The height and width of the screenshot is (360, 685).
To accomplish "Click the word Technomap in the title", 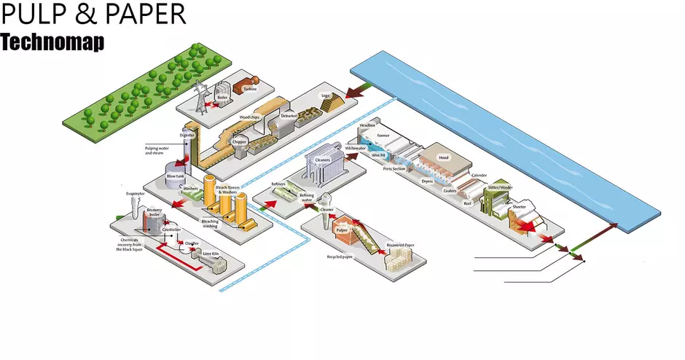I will pyautogui.click(x=52, y=42).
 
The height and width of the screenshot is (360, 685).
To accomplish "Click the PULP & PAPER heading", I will pyautogui.click(x=93, y=15).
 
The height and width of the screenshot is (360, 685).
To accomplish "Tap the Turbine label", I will pyautogui.click(x=250, y=89).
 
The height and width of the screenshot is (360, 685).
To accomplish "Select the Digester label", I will pyautogui.click(x=187, y=136).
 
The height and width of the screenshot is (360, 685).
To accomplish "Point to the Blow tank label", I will pyautogui.click(x=175, y=176).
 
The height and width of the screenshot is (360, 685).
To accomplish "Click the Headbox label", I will pyautogui.click(x=367, y=125).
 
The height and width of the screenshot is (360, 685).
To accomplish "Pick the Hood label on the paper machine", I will pyautogui.click(x=443, y=157).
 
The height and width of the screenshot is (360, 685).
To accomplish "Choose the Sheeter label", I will pyautogui.click(x=519, y=206).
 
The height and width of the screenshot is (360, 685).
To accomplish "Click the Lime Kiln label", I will pyautogui.click(x=210, y=254).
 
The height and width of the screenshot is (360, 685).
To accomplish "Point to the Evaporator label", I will pyautogui.click(x=136, y=193).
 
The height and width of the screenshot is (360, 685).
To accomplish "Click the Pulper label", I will pyautogui.click(x=342, y=230).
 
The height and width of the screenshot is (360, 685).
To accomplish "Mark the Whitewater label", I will pyautogui.click(x=355, y=148).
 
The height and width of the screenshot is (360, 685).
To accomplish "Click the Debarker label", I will pyautogui.click(x=289, y=116).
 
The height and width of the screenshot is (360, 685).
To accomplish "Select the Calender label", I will pyautogui.click(x=479, y=175).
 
